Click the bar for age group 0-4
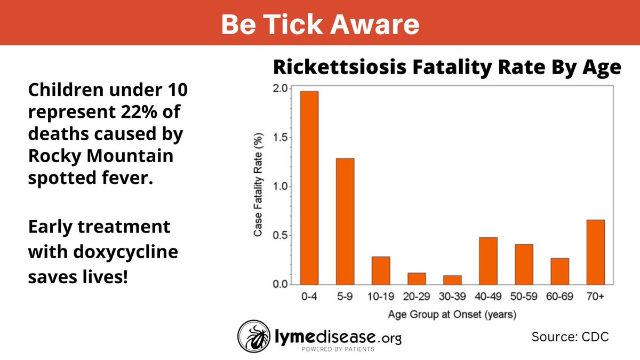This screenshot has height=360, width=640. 309,188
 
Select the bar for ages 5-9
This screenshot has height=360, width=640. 345,221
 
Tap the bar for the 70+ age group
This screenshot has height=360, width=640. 596,252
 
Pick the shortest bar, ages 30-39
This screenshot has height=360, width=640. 453,280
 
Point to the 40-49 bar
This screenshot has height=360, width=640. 489,261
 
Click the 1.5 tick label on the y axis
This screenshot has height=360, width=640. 280,138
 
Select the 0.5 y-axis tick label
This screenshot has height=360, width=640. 280,235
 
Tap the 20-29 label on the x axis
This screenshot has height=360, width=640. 417,297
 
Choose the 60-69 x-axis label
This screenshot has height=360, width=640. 559,297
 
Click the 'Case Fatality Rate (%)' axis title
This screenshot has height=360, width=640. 258,185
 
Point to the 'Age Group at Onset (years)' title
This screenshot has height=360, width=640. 452,315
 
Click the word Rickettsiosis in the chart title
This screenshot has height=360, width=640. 340,67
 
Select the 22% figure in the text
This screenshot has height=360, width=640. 139,111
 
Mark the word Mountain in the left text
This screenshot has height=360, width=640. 130,156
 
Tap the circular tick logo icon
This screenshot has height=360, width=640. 254,337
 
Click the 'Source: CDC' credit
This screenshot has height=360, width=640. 570,337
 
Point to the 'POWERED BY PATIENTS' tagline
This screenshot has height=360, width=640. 338,349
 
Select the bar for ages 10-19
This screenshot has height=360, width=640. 381,270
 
